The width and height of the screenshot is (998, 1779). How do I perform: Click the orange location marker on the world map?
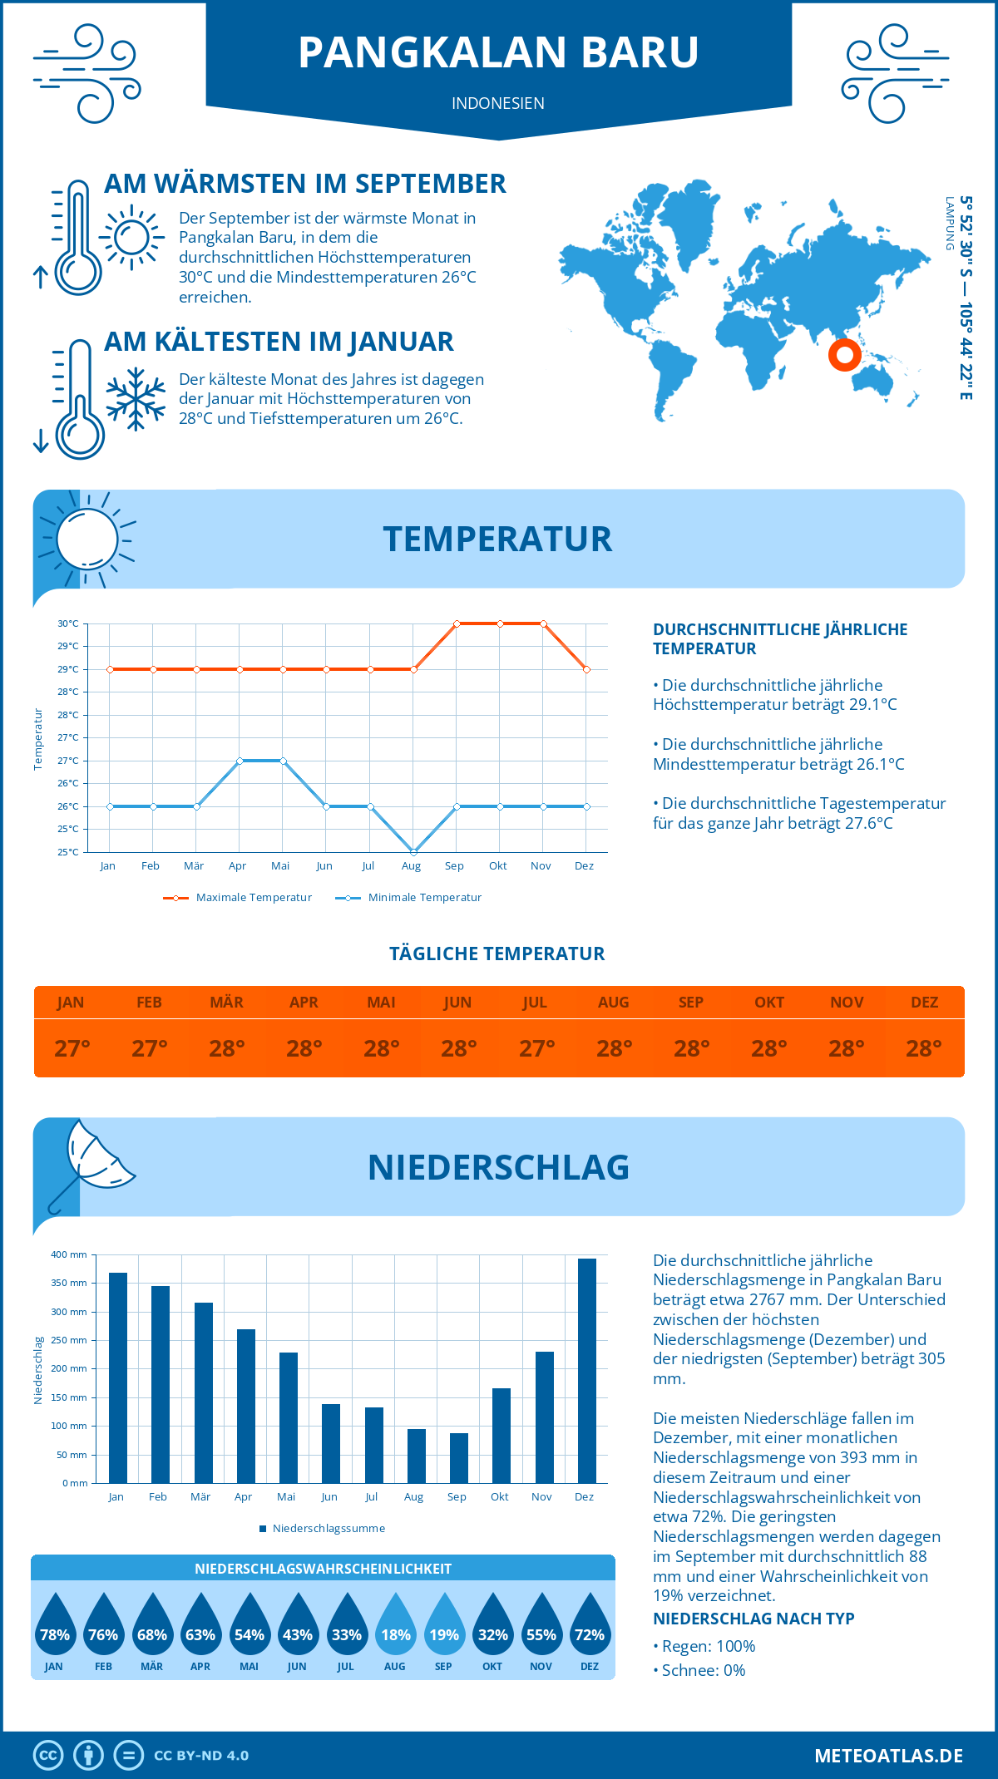tap(844, 355)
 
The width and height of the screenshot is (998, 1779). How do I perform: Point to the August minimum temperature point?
tap(414, 852)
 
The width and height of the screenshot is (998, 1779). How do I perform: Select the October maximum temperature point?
tap(500, 623)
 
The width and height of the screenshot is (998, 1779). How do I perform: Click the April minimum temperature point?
tap(240, 761)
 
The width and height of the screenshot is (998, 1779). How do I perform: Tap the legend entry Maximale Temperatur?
tap(238, 898)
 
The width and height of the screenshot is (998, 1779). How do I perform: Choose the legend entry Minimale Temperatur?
tap(409, 898)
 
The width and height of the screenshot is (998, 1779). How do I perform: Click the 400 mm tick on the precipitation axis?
tap(70, 1254)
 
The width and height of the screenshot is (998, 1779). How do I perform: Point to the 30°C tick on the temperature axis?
tap(68, 623)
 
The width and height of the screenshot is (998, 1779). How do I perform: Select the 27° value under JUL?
tap(536, 1048)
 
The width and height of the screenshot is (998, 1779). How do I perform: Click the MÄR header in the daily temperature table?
tap(226, 1003)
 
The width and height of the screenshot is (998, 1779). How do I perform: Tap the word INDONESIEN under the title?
tap(498, 103)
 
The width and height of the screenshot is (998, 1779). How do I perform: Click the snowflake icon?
tap(136, 399)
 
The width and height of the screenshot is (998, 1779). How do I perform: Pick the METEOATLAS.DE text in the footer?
tap(888, 1756)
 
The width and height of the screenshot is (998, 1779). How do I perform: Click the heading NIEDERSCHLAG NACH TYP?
tap(753, 1619)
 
